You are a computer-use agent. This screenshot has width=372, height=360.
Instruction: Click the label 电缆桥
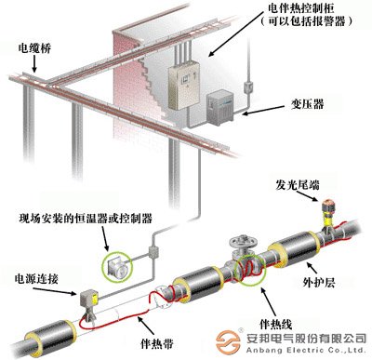[x=33, y=44]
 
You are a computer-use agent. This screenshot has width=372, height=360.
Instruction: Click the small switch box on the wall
[x=247, y=88]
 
